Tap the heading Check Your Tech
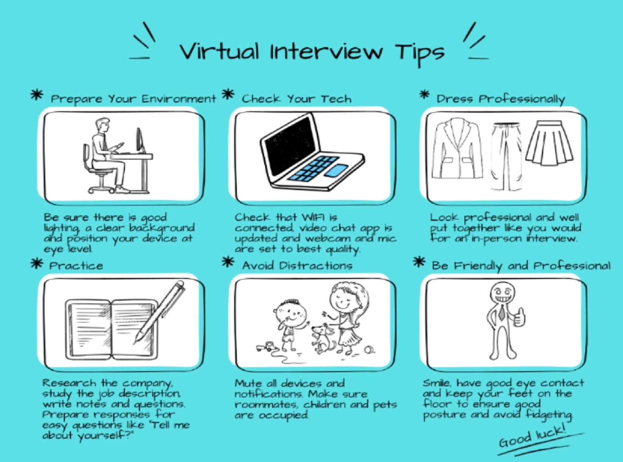coord(296,99)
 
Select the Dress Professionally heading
coord(501,99)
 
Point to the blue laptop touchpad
coord(336,170)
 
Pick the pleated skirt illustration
coord(549,143)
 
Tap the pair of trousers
coord(506,156)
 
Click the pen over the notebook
coord(159,312)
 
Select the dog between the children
coord(323,338)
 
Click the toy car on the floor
coord(265,347)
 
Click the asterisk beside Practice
coord(37,263)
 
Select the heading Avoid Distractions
coord(297,266)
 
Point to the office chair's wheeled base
coord(101,189)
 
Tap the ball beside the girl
coord(369,350)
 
